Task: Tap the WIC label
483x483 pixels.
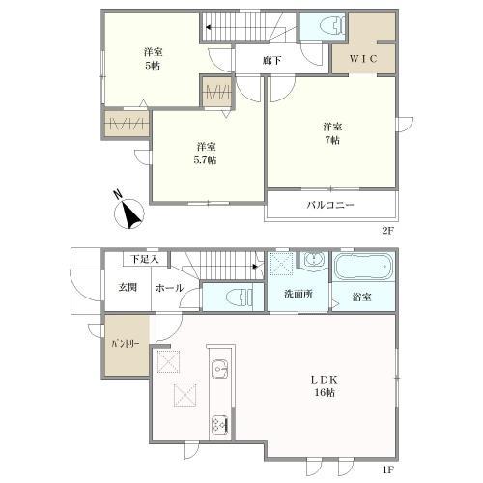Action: pos(363,59)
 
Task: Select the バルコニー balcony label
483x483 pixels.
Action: pos(330,205)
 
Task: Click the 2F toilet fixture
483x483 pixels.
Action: pos(333,25)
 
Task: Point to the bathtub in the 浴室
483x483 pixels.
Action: pos(363,267)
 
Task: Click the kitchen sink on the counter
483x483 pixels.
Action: pos(220,369)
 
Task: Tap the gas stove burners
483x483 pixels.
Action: pos(220,424)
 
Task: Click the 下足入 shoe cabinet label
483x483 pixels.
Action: pos(145,259)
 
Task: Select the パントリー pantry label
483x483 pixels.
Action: pos(126,344)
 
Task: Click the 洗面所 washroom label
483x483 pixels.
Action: pos(298,294)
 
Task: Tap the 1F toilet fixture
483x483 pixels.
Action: pos(240,298)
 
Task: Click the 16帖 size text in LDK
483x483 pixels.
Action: pos(325,393)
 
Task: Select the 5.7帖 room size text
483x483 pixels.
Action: pos(205,160)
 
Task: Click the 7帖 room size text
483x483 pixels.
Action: pos(332,140)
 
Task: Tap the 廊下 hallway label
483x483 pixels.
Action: pos(272,60)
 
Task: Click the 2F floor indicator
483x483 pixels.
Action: pos(387,231)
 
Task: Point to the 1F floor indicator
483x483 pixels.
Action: pos(387,469)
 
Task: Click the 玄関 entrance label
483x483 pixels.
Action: pos(128,287)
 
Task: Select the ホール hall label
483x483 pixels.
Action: pos(169,288)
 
